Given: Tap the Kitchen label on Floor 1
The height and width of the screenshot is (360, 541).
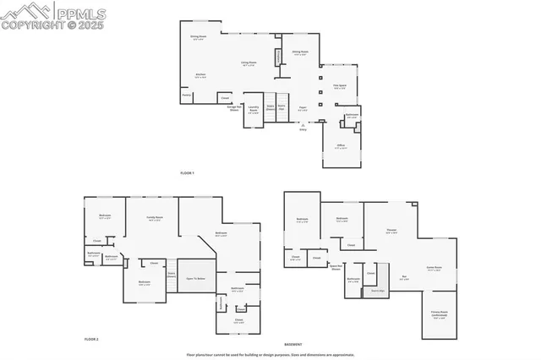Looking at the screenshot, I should point(201,75).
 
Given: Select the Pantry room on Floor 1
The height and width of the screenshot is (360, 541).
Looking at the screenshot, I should point(187,96).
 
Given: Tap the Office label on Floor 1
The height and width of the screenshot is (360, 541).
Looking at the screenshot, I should point(341,145).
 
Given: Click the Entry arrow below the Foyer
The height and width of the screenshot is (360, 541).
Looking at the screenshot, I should point(303,125).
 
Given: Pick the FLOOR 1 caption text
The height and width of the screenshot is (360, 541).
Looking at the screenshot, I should point(187,173).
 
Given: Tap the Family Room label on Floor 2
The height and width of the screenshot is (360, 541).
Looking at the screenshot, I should point(155,219).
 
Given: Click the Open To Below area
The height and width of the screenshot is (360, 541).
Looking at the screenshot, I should point(195,278).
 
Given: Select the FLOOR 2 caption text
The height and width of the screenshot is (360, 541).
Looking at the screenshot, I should point(91,339).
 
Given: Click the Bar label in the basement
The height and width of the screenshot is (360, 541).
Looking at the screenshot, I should point(404,278).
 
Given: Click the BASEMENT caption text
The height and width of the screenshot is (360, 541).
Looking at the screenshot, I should point(293,345).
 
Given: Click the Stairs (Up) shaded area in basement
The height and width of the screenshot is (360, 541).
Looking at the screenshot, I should point(377,291).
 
